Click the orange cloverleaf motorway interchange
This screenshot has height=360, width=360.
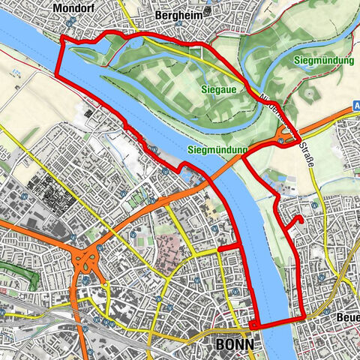[86, 263]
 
